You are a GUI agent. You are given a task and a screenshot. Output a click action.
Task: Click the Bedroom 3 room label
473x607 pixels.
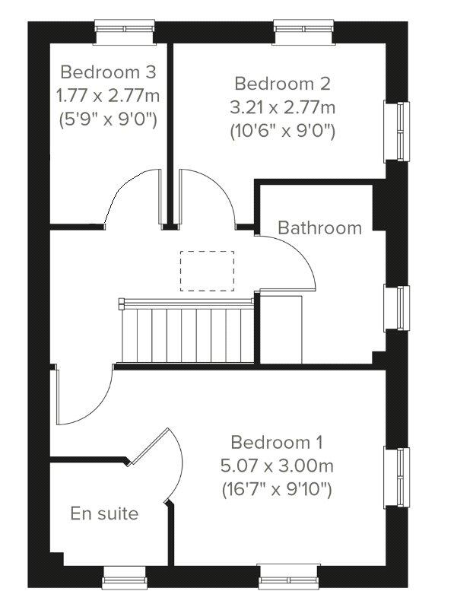pyautogui.click(x=108, y=72)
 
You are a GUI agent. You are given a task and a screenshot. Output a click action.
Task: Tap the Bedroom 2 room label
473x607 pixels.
pyautogui.click(x=282, y=83)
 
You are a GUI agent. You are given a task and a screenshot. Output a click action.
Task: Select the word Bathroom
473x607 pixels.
pyautogui.click(x=319, y=227)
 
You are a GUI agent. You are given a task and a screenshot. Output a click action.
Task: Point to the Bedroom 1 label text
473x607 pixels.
pyautogui.click(x=277, y=442)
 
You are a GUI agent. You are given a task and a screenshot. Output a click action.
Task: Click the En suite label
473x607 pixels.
pyautogui.click(x=104, y=513)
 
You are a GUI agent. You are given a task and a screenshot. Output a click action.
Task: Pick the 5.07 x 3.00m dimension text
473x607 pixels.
pyautogui.click(x=277, y=466)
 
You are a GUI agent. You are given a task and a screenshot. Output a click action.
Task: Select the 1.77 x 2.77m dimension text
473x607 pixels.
pyautogui.click(x=108, y=96)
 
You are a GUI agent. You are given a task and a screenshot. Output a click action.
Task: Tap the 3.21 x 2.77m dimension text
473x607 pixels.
pyautogui.click(x=282, y=106)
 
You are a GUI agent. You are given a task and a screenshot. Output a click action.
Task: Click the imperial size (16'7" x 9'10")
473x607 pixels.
pyautogui.click(x=277, y=489)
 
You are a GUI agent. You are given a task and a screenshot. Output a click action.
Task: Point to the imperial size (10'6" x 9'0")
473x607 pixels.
pyautogui.click(x=282, y=130)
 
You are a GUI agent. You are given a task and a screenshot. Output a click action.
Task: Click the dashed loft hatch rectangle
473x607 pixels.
pyautogui.click(x=207, y=271)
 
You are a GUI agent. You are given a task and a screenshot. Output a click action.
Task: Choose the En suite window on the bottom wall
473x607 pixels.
pyautogui.click(x=124, y=577)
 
